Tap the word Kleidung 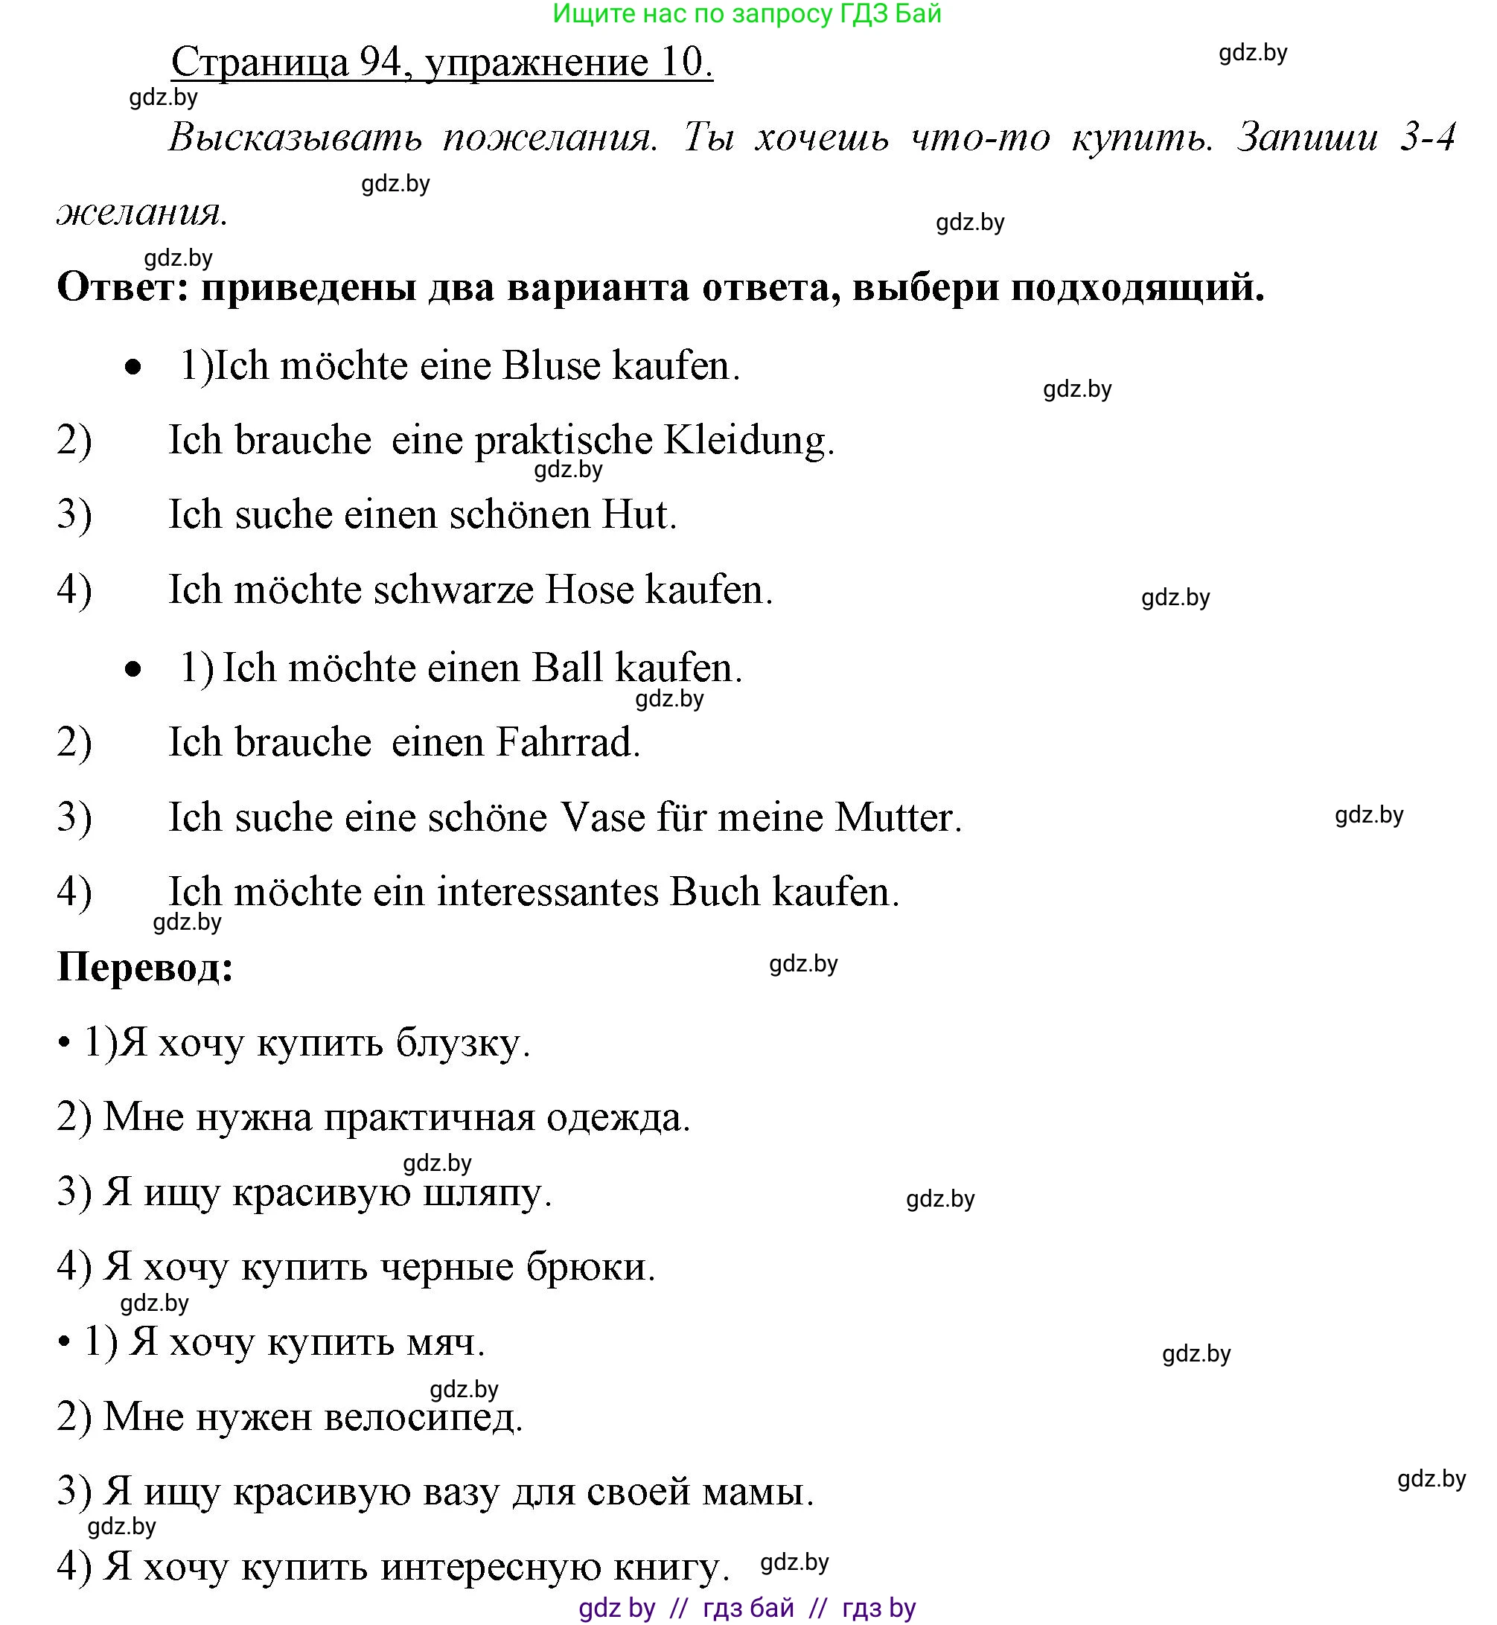[749, 441]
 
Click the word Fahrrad [567, 742]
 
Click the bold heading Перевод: [146, 966]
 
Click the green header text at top [747, 13]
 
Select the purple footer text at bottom [747, 1607]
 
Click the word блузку [462, 1044]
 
